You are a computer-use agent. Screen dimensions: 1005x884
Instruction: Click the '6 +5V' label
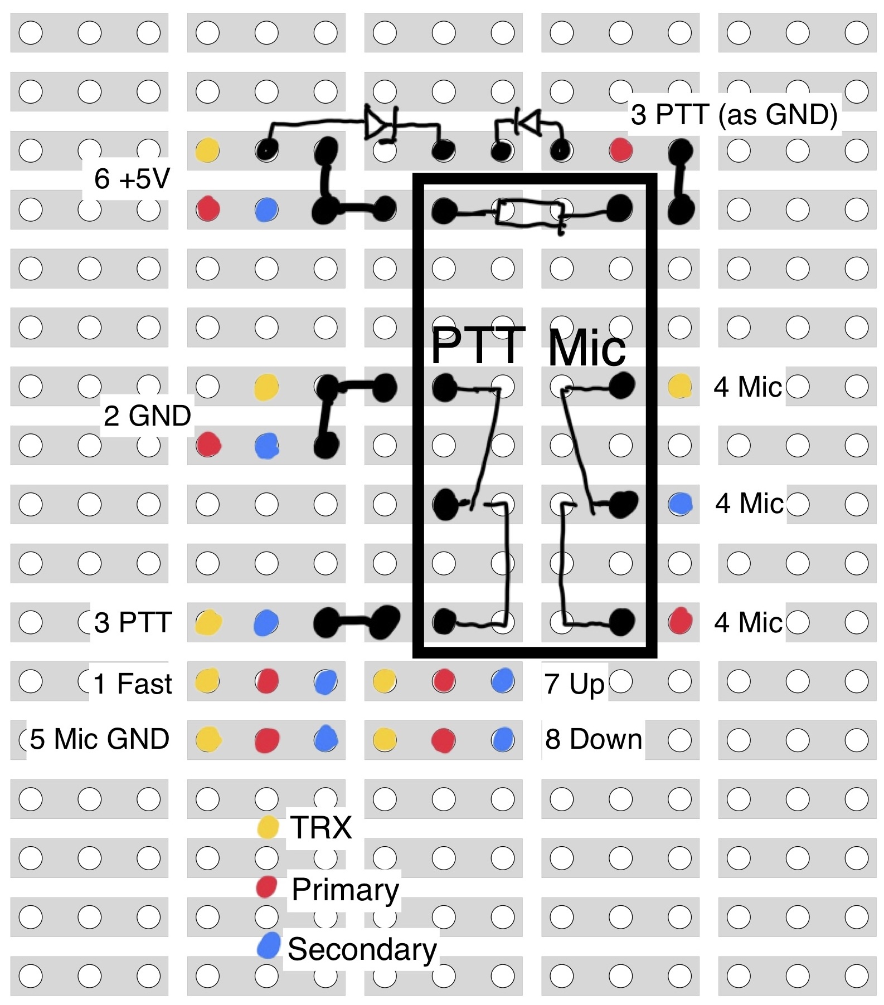132,179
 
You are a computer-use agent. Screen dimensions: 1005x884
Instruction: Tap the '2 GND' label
147,416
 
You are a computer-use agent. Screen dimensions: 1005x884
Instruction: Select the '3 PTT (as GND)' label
734,115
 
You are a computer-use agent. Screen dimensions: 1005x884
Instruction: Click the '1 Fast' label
133,684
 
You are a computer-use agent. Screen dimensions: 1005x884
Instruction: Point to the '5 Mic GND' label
99,739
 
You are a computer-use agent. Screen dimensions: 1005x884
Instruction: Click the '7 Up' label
574,684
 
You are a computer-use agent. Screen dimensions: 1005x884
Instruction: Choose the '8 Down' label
593,739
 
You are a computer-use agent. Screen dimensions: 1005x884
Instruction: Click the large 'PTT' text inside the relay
478,345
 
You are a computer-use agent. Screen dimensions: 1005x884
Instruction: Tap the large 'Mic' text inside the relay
587,349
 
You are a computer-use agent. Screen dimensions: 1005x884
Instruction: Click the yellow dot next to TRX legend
268,827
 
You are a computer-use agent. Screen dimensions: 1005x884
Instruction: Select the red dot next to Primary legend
267,887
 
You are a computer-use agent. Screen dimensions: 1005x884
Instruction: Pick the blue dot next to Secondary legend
269,946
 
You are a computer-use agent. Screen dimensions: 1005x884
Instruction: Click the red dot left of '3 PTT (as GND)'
621,150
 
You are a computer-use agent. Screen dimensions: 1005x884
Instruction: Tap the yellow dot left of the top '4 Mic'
680,386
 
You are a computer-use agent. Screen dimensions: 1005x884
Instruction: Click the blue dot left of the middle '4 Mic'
680,504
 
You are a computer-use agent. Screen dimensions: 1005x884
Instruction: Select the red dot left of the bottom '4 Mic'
680,621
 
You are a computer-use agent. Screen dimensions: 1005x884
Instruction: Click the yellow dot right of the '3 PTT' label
208,622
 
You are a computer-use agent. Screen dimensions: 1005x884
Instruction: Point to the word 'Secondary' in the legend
362,949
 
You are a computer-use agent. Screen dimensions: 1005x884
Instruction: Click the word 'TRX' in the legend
321,827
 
